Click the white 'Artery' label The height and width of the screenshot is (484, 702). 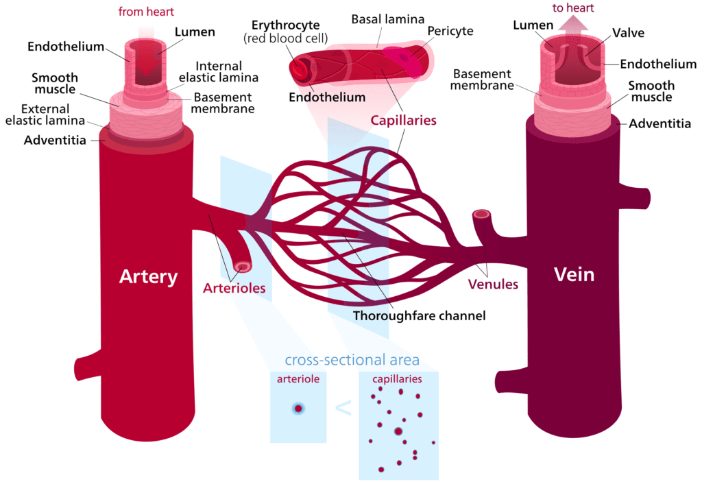(x=148, y=277)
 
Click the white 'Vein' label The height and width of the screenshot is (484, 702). (x=574, y=275)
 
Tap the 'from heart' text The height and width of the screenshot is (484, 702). (x=147, y=12)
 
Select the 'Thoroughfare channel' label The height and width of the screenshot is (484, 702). (x=419, y=316)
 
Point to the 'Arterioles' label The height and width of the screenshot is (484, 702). (x=234, y=289)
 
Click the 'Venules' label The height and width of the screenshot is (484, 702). (x=493, y=284)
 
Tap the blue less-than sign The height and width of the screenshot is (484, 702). (x=343, y=409)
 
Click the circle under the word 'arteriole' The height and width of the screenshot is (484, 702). (x=298, y=409)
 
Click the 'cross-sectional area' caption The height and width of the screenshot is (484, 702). (x=352, y=361)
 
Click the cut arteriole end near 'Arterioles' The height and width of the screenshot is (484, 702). (x=242, y=267)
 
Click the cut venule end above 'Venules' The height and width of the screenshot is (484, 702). (x=482, y=215)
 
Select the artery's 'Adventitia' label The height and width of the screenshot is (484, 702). (x=54, y=141)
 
